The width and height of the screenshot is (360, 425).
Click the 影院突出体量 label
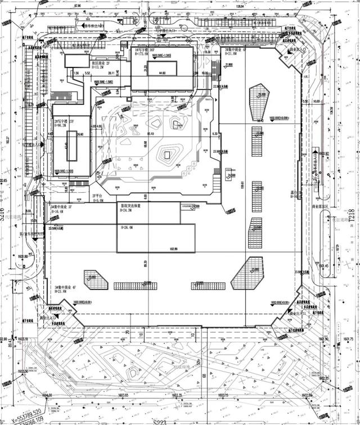(x=131, y=206)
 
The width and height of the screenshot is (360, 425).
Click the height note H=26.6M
(x=129, y=228)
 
